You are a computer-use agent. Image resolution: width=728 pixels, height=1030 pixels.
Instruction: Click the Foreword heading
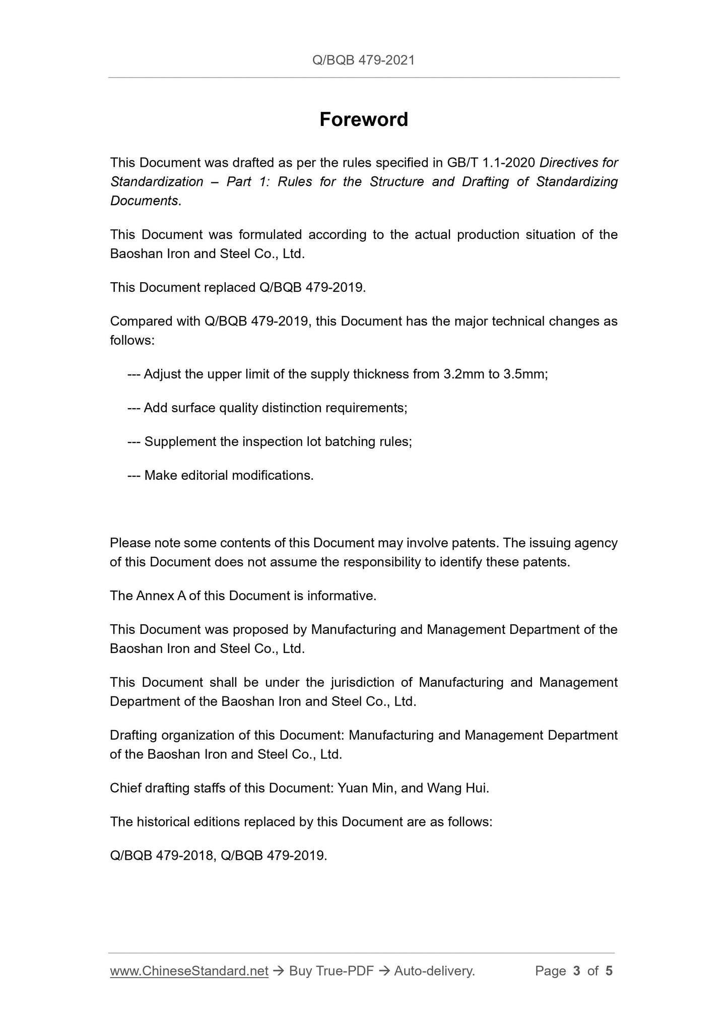click(x=364, y=119)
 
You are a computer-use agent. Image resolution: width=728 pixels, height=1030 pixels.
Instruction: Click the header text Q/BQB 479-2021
click(x=364, y=60)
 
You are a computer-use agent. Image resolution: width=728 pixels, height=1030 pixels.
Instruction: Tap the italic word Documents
click(x=144, y=201)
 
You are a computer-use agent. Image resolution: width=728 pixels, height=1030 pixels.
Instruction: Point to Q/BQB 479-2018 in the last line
click(x=161, y=855)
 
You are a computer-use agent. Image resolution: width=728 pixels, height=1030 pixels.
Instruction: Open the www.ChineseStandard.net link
click(x=189, y=971)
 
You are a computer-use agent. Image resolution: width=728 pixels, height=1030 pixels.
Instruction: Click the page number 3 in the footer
click(x=576, y=971)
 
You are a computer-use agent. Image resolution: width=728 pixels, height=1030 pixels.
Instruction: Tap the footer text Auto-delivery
click(x=434, y=971)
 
